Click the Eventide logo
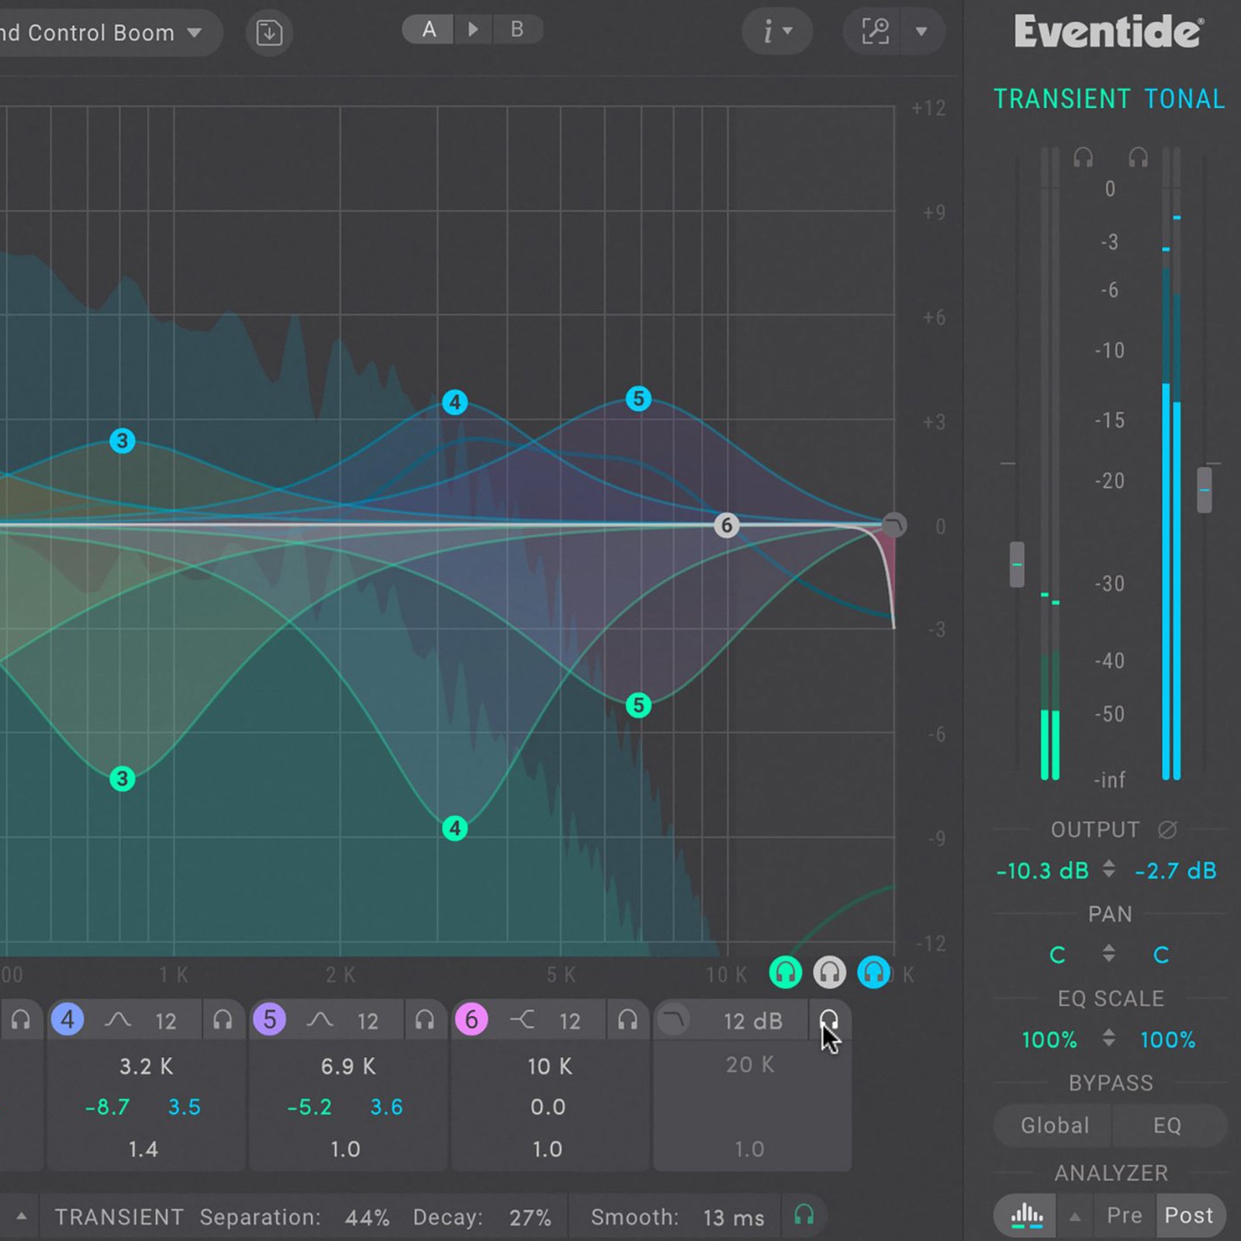pos(1108,33)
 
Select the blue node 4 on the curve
pos(455,402)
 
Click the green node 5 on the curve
pos(638,705)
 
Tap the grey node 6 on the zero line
pos(726,525)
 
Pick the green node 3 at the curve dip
pos(122,778)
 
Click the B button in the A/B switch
pos(517,30)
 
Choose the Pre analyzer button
pos(1124,1215)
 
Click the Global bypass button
pos(1054,1125)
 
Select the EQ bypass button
pos(1167,1125)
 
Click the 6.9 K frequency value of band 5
pos(347,1066)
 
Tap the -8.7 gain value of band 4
pos(107,1107)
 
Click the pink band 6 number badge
pos(471,1019)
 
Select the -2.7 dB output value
pos(1175,870)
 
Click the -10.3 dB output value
pos(1042,870)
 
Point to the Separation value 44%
pos(367,1217)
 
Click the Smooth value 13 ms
pos(733,1217)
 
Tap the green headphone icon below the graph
pos(785,972)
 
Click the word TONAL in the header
pos(1184,99)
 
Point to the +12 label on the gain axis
pos(928,108)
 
